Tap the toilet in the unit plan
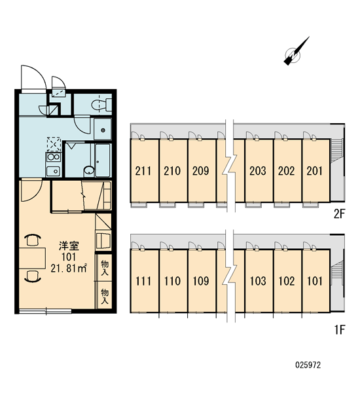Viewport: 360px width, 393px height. pos(101,105)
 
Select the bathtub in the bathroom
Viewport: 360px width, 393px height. pos(103,160)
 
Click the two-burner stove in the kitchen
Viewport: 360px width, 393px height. pos(54,157)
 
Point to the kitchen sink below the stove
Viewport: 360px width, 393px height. pos(54,171)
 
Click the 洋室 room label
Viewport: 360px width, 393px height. pos(69,246)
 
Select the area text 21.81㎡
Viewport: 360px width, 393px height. pos(69,269)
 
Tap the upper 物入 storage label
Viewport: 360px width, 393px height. pos(105,268)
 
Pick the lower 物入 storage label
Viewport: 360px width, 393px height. pos(105,296)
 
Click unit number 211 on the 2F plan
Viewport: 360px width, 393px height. pos(143,171)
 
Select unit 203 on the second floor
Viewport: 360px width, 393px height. pos(258,171)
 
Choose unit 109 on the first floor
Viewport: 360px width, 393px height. pos(201,281)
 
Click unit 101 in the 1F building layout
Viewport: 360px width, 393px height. pos(315,281)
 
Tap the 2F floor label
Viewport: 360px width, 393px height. pos(340,214)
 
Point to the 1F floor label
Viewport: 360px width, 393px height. pos(340,329)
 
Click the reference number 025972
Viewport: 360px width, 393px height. pos(308,365)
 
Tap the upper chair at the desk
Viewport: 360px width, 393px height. pos(33,240)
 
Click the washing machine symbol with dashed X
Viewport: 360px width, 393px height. pos(54,144)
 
